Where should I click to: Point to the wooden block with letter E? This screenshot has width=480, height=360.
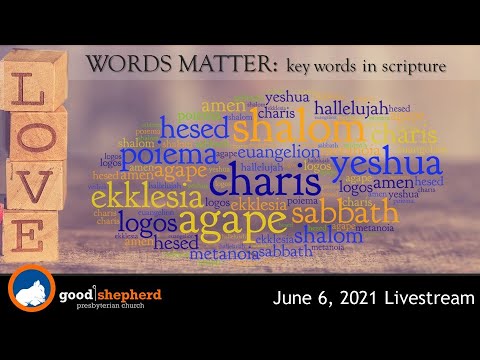coord(28,237)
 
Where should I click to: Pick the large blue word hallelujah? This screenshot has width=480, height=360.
coord(350,105)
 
